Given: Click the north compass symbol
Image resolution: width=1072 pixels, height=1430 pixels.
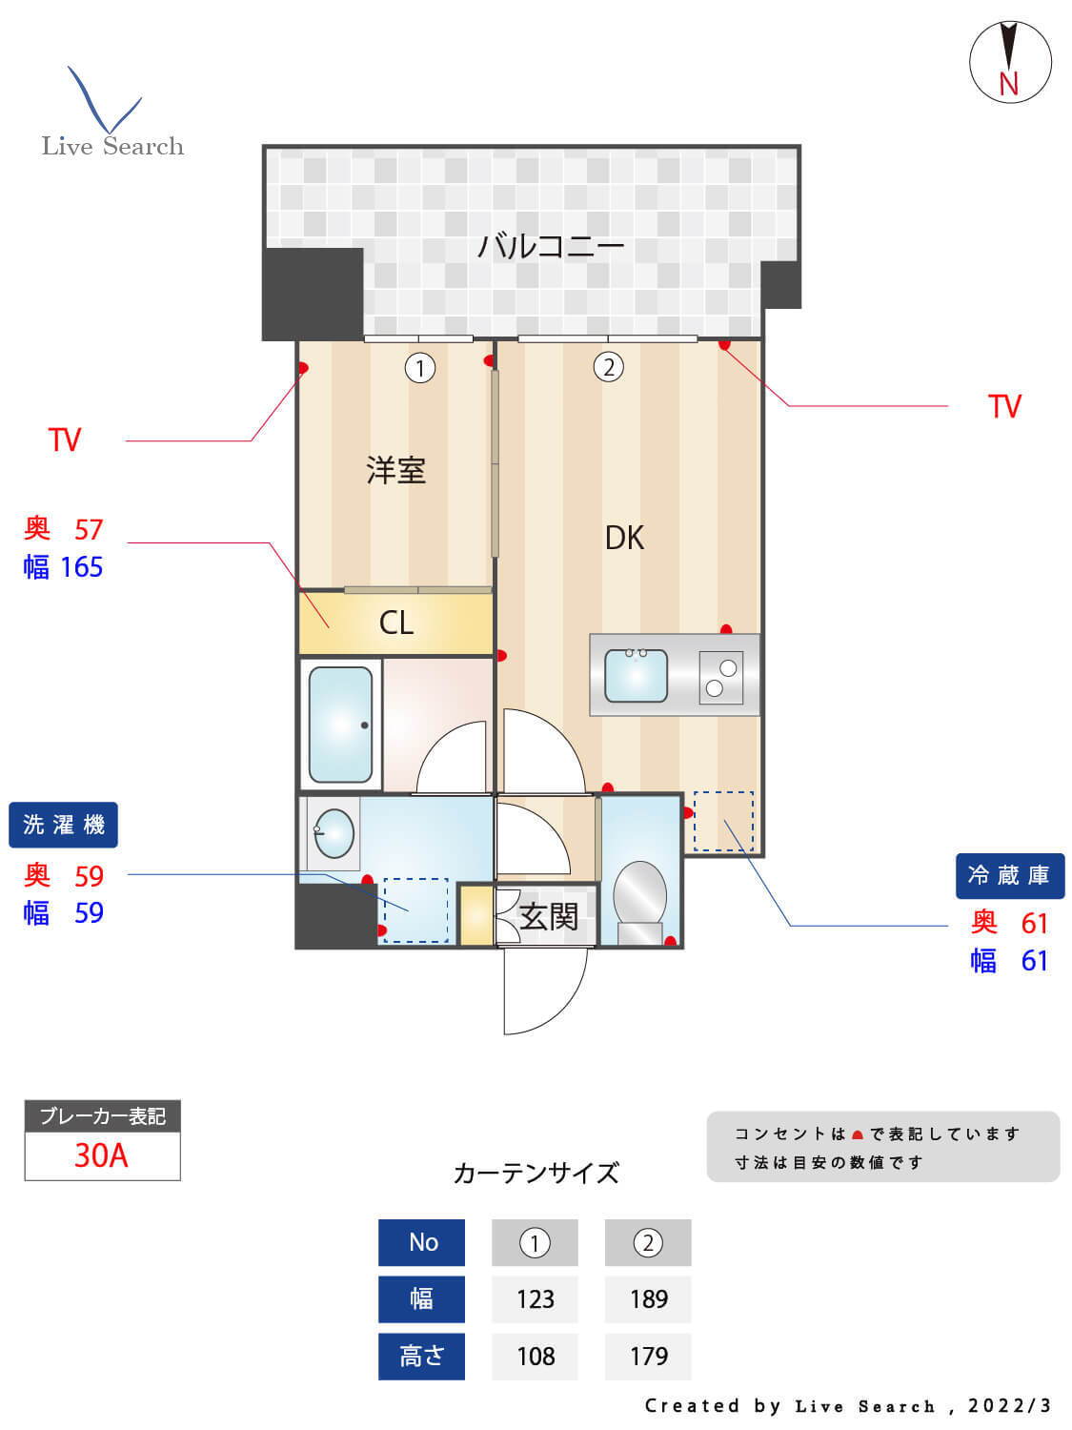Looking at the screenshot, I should [x=1010, y=62].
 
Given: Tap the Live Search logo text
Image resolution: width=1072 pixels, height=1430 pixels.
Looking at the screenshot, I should [x=112, y=146].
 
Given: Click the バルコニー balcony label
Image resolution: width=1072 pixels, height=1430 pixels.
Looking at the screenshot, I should [x=551, y=246].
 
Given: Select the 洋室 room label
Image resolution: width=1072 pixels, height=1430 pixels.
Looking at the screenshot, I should [x=395, y=470].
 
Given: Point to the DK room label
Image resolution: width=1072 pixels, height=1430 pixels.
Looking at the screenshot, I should [x=624, y=538].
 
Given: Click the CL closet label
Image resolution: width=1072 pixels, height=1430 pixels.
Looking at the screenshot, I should [x=395, y=623].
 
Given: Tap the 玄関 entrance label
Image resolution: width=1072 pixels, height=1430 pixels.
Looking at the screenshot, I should [x=549, y=917].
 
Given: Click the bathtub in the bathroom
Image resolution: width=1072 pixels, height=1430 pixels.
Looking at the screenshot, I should [x=340, y=724].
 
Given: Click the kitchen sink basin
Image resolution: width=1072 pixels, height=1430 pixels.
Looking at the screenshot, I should [x=636, y=675].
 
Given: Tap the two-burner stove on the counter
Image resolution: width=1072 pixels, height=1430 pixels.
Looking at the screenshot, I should [x=720, y=677].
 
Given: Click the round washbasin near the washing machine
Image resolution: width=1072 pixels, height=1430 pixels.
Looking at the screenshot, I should [x=334, y=833].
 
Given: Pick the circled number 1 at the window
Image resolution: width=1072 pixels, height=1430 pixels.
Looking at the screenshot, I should [x=419, y=367].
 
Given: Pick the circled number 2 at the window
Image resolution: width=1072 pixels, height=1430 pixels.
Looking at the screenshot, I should [x=608, y=366].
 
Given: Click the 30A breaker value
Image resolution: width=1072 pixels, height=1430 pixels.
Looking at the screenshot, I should [x=101, y=1155].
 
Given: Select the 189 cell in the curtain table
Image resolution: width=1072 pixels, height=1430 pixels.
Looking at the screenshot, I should [x=648, y=1298].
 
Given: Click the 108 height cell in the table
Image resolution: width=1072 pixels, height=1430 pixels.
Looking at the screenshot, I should [x=535, y=1356].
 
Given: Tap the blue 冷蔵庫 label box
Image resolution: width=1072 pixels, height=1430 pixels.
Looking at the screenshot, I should [x=1009, y=875].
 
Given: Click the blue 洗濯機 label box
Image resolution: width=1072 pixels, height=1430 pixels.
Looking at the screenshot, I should [x=63, y=825].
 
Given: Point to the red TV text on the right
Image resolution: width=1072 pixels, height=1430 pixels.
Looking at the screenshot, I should [x=1004, y=406].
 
